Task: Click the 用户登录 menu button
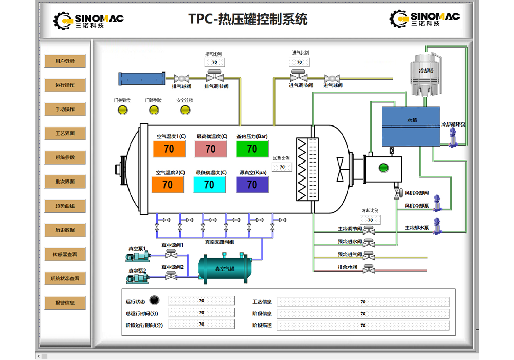pyautogui.click(x=65, y=61)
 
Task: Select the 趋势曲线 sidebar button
pyautogui.click(x=65, y=206)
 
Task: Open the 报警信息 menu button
pyautogui.click(x=65, y=303)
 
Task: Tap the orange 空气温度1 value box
pyautogui.click(x=169, y=149)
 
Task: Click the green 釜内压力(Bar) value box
pyautogui.click(x=252, y=149)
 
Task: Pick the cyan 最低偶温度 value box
pyautogui.click(x=209, y=185)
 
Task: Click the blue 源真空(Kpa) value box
pyautogui.click(x=252, y=185)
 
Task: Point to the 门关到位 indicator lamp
pyautogui.click(x=122, y=110)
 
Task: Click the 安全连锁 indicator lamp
pyautogui.click(x=184, y=110)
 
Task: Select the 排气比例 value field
pyautogui.click(x=214, y=62)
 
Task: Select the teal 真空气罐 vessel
pyautogui.click(x=225, y=268)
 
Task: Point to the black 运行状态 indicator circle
pyautogui.click(x=155, y=301)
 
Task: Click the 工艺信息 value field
pyautogui.click(x=363, y=302)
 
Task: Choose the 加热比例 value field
pyautogui.click(x=282, y=167)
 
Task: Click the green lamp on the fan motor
pyautogui.click(x=382, y=167)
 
